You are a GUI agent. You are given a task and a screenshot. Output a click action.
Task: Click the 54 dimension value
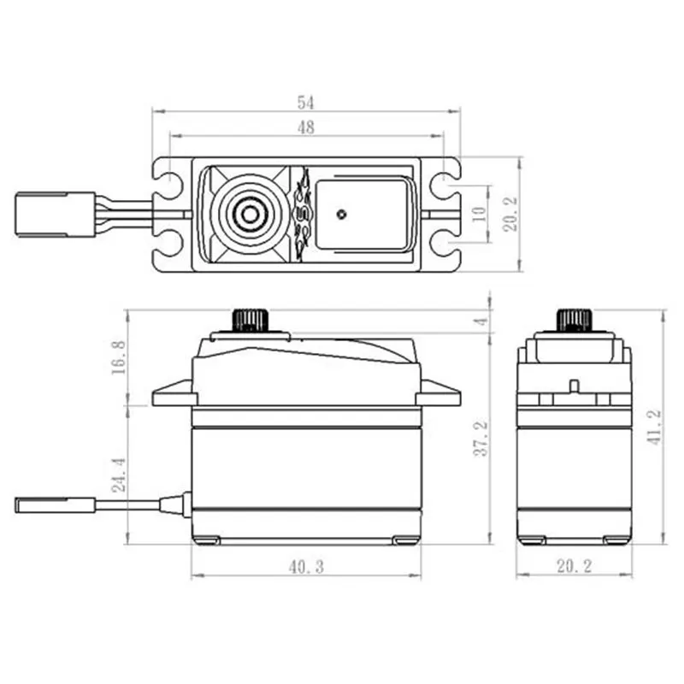coord(306,103)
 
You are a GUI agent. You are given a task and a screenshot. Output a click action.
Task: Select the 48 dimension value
coord(306,128)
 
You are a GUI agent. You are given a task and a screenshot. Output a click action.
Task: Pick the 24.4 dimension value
coord(119,472)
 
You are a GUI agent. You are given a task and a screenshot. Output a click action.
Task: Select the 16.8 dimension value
coord(119,357)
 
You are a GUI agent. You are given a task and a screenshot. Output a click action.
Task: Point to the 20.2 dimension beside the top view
coord(510,214)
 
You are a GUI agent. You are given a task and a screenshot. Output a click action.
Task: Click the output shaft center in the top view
coord(249,214)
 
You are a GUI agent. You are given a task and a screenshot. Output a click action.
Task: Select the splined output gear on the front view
coord(249,320)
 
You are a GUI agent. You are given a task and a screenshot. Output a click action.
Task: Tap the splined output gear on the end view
coord(574,320)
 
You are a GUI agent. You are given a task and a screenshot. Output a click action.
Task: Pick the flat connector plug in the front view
coord(54,504)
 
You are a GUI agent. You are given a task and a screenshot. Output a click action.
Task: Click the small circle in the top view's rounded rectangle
coord(342,213)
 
